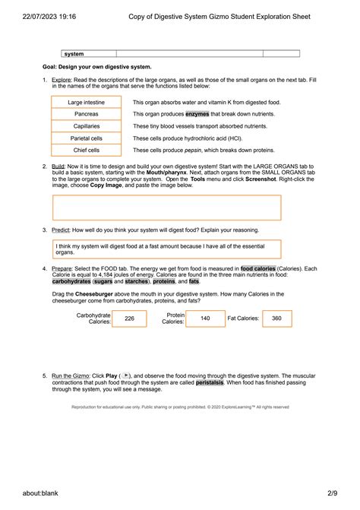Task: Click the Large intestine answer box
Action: [x=87, y=102]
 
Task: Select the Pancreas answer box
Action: [x=87, y=114]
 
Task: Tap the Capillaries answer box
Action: [x=87, y=126]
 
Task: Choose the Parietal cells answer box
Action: [x=87, y=138]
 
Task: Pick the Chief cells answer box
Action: [x=87, y=150]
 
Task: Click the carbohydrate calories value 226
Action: [x=129, y=318]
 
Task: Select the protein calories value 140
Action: [x=204, y=318]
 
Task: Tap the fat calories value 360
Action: [x=276, y=318]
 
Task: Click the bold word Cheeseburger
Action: [x=96, y=293]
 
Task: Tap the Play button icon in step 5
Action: [x=126, y=375]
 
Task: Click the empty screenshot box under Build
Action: [x=166, y=207]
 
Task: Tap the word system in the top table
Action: [x=74, y=54]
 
